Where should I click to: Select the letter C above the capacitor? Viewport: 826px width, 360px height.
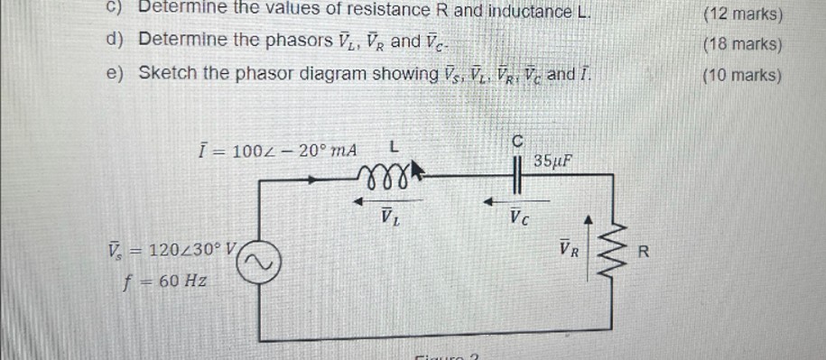tap(517, 141)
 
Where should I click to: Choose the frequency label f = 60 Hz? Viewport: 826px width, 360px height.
tap(166, 281)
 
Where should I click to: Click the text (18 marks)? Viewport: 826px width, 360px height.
tap(741, 43)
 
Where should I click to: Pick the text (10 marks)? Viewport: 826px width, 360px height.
tap(741, 75)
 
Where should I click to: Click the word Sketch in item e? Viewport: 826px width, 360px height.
tap(168, 72)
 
